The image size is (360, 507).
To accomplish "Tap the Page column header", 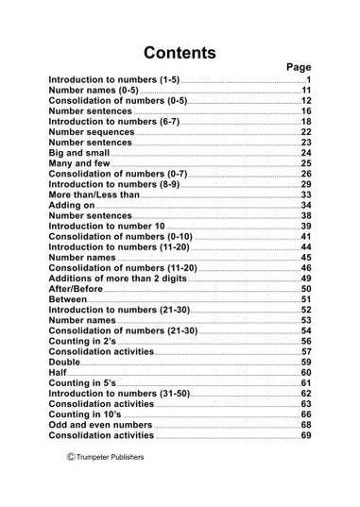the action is (298, 68).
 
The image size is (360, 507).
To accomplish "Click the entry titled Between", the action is (67, 299).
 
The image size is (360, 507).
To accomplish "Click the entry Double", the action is (64, 363).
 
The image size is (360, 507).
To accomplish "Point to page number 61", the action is (306, 383).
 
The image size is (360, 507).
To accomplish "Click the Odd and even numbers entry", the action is (100, 425).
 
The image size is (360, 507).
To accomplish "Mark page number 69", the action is (306, 435).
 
